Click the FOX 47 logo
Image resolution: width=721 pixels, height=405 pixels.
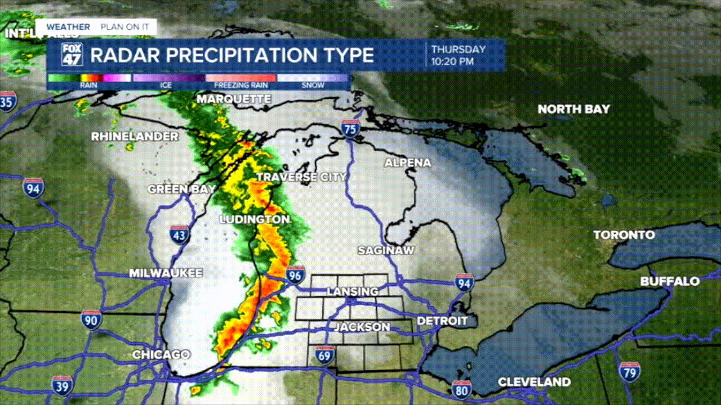point(72,55)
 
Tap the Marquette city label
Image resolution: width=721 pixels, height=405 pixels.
point(234,100)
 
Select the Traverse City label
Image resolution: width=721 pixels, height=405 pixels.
point(301,177)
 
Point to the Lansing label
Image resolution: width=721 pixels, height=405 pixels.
point(353,291)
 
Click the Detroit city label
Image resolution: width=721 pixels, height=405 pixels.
point(443,321)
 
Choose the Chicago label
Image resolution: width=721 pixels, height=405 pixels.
point(161,355)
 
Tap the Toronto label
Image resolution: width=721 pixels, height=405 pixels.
point(624,235)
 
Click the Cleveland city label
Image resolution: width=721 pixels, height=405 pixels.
point(534,382)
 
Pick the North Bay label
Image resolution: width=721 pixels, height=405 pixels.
point(573,109)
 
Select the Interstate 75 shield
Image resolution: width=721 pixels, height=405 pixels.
point(350,129)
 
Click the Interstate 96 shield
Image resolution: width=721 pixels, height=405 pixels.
point(295,275)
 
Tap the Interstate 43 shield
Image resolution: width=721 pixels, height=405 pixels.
point(180,235)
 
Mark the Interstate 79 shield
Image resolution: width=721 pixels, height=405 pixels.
point(629,372)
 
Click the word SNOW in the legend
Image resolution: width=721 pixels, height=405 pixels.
point(313,85)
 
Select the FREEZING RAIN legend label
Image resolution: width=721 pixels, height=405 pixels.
point(240,85)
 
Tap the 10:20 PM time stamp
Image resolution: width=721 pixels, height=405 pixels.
point(452,62)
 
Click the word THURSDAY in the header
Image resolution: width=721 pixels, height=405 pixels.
point(458,49)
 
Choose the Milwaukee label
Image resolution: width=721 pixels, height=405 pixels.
point(166,273)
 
